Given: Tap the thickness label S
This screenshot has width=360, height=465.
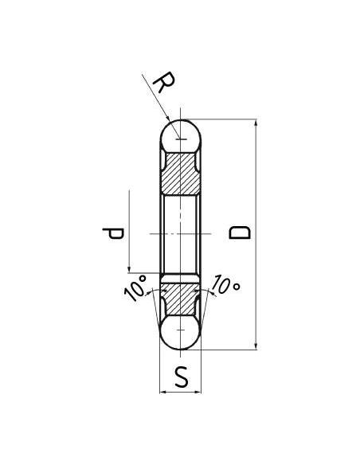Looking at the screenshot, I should coord(182,377).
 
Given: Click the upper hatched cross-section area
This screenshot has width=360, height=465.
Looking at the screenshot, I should coord(181,173).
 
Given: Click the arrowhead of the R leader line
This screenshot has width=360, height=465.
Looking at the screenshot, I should coord(169,120).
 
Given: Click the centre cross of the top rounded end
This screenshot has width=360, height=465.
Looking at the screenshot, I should coord(182,140).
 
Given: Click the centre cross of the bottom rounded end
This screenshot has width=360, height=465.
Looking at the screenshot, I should coord(182,329).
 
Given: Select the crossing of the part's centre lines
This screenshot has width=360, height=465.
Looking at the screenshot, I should coord(182,233).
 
